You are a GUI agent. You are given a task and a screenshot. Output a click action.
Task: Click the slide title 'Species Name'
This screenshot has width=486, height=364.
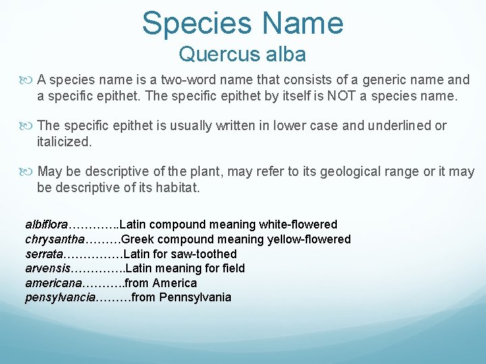pyautogui.click(x=242, y=22)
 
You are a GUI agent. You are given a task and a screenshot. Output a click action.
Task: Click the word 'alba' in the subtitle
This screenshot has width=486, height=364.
pyautogui.click(x=283, y=54)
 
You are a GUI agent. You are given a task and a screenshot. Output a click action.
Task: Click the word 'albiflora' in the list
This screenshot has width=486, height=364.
pyautogui.click(x=47, y=224)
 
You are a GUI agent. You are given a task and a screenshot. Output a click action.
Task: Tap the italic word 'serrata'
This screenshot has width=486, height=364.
pyautogui.click(x=44, y=254)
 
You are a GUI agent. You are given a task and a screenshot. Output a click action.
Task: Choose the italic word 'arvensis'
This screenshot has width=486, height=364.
pyautogui.click(x=47, y=268)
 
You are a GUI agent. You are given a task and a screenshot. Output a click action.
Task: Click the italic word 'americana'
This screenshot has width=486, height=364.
pyautogui.click(x=53, y=283)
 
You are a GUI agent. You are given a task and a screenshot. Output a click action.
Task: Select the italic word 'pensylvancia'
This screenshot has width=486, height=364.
pyautogui.click(x=60, y=297)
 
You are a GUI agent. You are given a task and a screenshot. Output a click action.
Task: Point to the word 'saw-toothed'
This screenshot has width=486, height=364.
pyautogui.click(x=205, y=254)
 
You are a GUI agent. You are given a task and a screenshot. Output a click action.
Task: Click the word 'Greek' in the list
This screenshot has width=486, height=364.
pyautogui.click(x=138, y=239)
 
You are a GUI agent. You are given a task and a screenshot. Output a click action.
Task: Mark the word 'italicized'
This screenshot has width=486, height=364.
pyautogui.click(x=64, y=142)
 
